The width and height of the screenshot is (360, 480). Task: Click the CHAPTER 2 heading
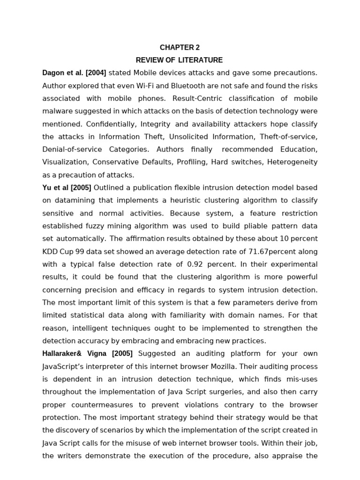point(180,47)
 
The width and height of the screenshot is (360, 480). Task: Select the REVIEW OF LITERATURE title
point(180,60)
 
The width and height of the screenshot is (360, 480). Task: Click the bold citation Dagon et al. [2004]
point(74,73)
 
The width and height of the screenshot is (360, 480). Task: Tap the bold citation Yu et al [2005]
point(67,187)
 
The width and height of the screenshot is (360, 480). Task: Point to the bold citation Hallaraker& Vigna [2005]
point(87,353)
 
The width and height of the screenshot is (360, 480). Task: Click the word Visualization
point(65,162)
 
